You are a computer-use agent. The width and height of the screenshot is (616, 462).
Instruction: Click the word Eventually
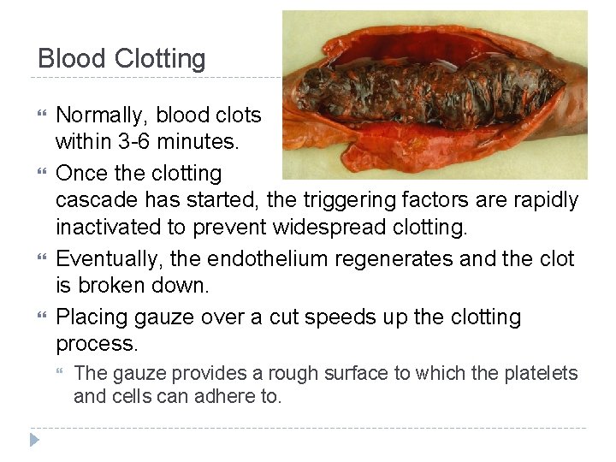point(109,258)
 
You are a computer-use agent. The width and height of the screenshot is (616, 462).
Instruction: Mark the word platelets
point(539,374)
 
